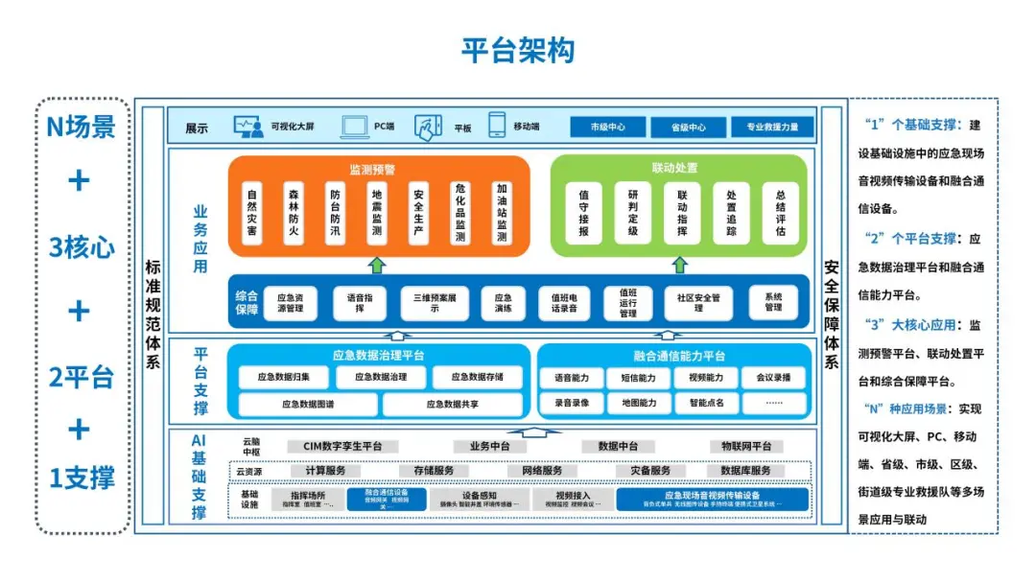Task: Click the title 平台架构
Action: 518,51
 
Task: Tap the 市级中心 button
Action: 607,128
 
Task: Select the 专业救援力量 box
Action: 772,128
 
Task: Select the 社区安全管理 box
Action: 697,302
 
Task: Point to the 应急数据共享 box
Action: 452,405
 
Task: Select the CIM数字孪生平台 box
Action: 342,447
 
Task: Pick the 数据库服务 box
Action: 740,471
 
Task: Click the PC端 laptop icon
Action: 354,126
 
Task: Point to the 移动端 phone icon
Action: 496,126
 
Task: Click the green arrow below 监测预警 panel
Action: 378,264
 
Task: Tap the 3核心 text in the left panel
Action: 82,247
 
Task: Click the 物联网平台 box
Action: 745,447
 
